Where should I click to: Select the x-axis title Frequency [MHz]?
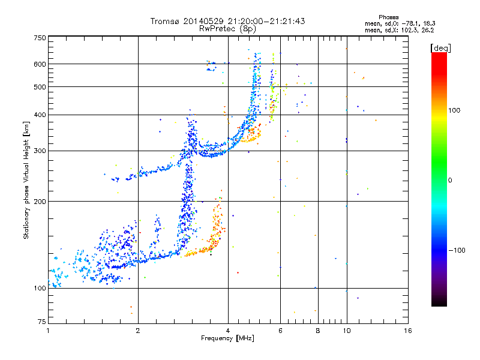coord(227,338)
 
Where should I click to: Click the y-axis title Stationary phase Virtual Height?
coord(26,180)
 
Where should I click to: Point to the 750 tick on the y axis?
coord(40,38)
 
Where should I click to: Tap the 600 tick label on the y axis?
coord(40,64)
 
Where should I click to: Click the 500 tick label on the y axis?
coord(40,87)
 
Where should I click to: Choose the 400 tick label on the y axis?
coord(40,115)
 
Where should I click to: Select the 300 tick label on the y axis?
coord(40,151)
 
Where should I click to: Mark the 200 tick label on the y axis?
coord(40,202)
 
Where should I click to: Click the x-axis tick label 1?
coord(48,331)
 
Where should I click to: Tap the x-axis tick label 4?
coord(228,331)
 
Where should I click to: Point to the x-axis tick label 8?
coord(318,331)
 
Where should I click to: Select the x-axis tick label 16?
coord(407,331)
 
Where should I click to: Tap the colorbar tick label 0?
coord(449,180)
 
